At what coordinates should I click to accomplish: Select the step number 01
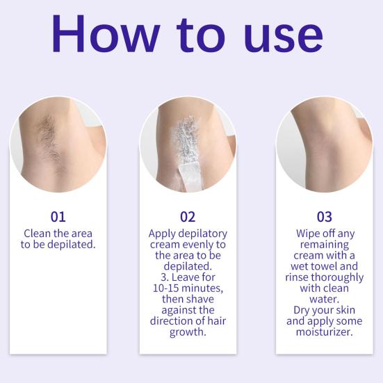click(58, 217)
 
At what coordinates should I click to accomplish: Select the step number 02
click(188, 217)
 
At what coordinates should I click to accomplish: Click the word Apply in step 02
click(164, 234)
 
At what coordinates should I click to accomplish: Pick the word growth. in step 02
click(188, 333)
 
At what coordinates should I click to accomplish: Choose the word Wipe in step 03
click(309, 234)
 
